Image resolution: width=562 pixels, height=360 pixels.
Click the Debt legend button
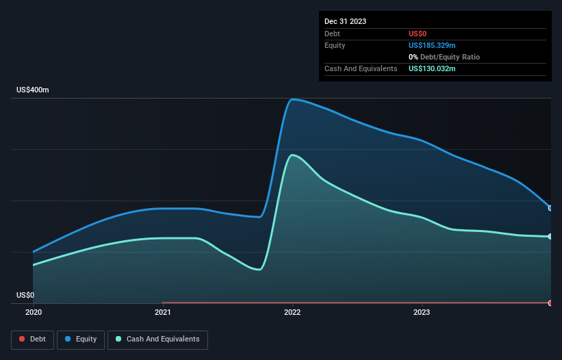coord(32,339)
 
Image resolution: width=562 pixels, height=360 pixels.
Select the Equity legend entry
coord(81,339)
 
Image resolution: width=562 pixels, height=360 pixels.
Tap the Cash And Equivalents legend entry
coord(157,339)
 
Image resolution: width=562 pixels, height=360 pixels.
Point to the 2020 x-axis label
coord(33,313)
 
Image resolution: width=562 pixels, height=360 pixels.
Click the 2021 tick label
coord(163,313)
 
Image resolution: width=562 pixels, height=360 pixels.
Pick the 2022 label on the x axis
coord(292,313)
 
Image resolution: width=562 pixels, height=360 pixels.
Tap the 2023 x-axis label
coord(422,313)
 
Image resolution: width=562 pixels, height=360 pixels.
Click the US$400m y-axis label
coord(33,90)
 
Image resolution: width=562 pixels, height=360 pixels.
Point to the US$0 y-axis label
coord(25,296)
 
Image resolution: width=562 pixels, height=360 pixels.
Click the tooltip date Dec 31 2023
coord(345,21)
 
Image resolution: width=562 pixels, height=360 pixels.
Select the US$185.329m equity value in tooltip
coord(433,45)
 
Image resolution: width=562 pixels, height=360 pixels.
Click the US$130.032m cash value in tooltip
coord(433,68)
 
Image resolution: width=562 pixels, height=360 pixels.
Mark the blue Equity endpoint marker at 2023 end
coord(550,208)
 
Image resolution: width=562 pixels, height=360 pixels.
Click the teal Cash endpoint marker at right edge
coord(550,237)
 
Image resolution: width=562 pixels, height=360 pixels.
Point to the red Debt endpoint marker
coord(550,303)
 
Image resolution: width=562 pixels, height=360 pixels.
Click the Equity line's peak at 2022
coord(292,99)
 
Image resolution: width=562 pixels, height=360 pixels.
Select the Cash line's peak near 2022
coord(293,155)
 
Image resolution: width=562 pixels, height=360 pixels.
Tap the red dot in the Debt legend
coord(22,339)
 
